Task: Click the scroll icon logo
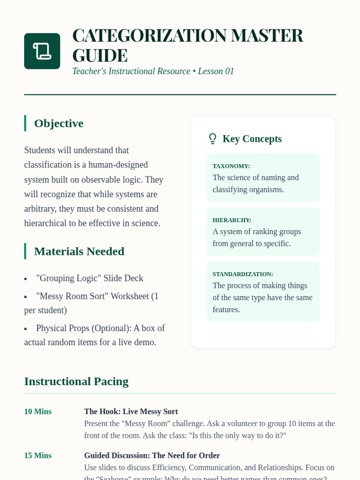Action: coord(42,51)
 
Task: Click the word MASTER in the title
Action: coord(267,36)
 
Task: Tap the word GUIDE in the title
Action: coord(100,56)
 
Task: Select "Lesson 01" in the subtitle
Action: coord(216,71)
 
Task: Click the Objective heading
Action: coord(59,123)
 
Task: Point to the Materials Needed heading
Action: coord(79,251)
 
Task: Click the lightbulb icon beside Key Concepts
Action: coord(213,139)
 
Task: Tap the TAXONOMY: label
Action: coord(231,166)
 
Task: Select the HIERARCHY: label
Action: coord(232,220)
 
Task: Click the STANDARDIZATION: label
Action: coord(243,274)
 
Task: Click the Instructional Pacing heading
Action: coord(76,381)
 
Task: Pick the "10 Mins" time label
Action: coord(38,412)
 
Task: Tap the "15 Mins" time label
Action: coord(38,456)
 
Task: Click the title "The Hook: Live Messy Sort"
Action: coord(131,412)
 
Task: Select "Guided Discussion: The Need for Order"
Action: coord(152,456)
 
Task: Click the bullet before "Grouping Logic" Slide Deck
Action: coord(25,279)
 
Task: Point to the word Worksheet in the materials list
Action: coord(130,296)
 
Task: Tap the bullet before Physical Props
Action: coord(25,329)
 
